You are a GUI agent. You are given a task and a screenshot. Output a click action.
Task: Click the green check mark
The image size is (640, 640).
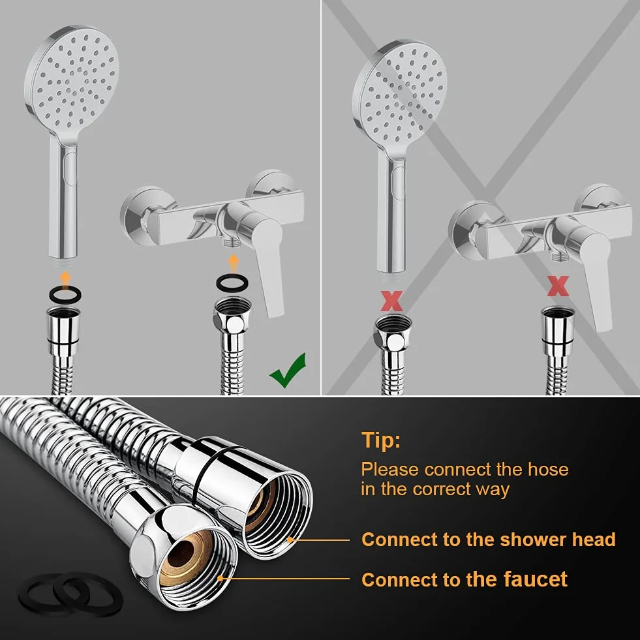(x=287, y=371)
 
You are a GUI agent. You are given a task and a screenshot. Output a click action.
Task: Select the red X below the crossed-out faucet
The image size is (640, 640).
(x=558, y=286)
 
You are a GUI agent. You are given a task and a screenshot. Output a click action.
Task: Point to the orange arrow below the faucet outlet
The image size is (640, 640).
(x=233, y=264)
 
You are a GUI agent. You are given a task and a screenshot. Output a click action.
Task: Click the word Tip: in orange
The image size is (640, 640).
(x=381, y=440)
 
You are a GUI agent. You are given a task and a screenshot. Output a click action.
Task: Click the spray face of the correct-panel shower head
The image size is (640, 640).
(x=74, y=82)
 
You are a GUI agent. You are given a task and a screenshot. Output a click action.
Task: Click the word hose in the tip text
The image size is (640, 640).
(x=548, y=469)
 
